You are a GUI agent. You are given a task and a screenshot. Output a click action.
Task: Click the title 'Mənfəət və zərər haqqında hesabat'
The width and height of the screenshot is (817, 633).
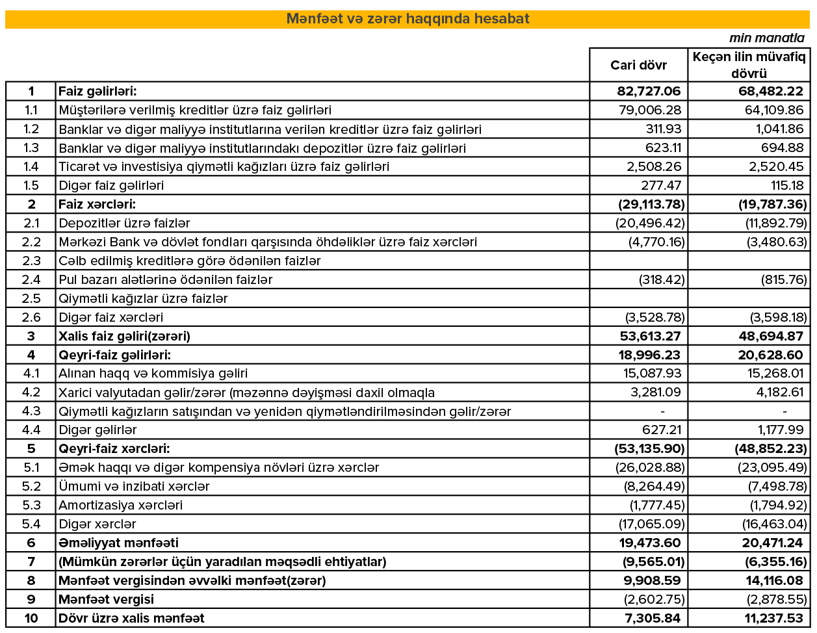[x=408, y=19]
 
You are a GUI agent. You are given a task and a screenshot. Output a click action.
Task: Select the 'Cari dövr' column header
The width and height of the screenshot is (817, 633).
[x=638, y=65]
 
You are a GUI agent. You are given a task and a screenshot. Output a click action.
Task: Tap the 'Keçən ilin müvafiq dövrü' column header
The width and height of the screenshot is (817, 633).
[x=749, y=65]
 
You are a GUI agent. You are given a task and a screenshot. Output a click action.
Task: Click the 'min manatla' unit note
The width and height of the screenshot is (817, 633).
[x=766, y=38]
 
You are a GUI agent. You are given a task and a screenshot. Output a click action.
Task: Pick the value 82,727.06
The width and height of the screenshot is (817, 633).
[x=649, y=91]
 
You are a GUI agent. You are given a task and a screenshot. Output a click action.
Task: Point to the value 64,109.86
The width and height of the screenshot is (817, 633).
[x=774, y=110]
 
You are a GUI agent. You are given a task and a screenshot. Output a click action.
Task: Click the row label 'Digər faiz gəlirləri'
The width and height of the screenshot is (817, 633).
[x=111, y=185]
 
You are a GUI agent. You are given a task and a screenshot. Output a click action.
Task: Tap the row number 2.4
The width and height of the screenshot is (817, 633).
[x=31, y=279]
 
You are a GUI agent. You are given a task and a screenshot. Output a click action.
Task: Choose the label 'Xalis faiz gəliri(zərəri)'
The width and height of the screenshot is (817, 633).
[x=124, y=336]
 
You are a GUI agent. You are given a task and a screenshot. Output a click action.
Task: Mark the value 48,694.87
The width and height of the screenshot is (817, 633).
[x=771, y=336]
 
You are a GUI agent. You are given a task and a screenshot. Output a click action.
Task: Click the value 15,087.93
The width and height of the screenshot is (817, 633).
[x=652, y=373]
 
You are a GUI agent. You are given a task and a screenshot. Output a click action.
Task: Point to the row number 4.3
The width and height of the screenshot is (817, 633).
[x=31, y=411]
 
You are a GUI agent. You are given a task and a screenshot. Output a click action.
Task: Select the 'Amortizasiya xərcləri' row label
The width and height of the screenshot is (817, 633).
[x=120, y=505]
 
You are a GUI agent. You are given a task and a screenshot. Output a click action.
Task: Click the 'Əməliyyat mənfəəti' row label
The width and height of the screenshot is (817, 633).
[x=118, y=543]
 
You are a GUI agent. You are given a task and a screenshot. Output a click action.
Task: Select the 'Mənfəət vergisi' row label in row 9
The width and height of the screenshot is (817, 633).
[x=106, y=599]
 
